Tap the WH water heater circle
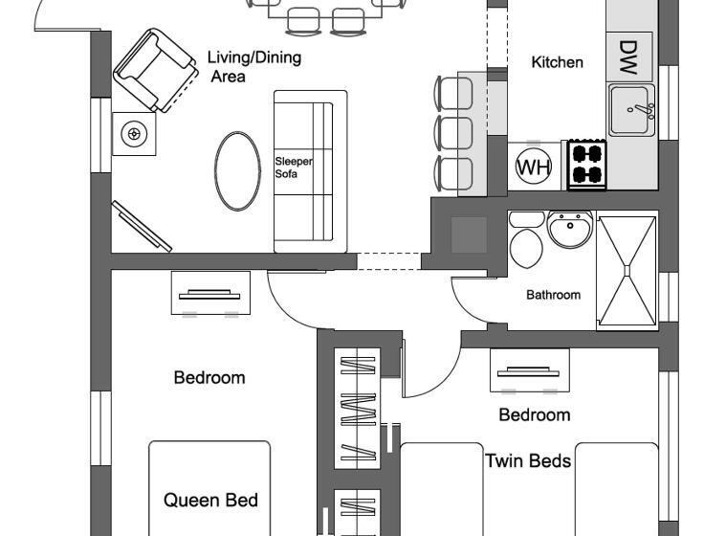tap(534, 167)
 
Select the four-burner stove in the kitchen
tap(586, 164)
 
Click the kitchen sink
tap(631, 109)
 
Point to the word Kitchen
tap(557, 62)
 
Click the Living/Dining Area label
tap(253, 66)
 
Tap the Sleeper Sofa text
tap(294, 168)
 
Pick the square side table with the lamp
tap(133, 134)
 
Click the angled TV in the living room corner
tap(142, 227)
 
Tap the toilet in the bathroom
tap(526, 239)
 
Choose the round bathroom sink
tap(572, 230)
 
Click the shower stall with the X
tap(627, 272)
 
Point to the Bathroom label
tap(553, 295)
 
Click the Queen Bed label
tap(210, 500)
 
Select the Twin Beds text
tap(528, 461)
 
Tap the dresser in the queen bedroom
tap(211, 293)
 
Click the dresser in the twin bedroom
tap(529, 370)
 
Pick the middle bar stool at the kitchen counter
tap(454, 133)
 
